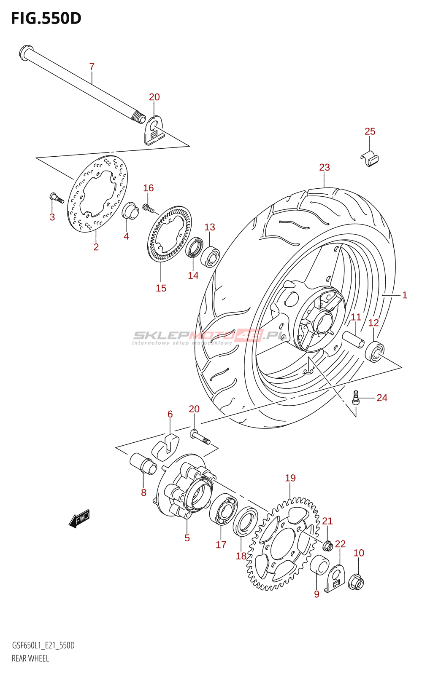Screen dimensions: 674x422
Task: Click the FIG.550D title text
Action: [46, 18]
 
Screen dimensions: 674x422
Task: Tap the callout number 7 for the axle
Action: [92, 67]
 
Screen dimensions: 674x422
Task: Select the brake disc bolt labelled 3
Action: [56, 198]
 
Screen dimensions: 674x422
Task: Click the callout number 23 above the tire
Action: [324, 167]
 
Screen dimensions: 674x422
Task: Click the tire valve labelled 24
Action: [357, 398]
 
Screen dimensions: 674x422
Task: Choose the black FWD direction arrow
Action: [79, 519]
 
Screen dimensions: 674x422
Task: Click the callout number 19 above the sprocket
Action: [290, 478]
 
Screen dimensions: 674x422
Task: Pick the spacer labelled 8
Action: [143, 464]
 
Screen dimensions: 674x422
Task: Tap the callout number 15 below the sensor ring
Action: [161, 288]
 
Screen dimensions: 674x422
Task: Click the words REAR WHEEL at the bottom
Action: [30, 658]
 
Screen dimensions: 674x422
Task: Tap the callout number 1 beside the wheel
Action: [404, 295]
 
